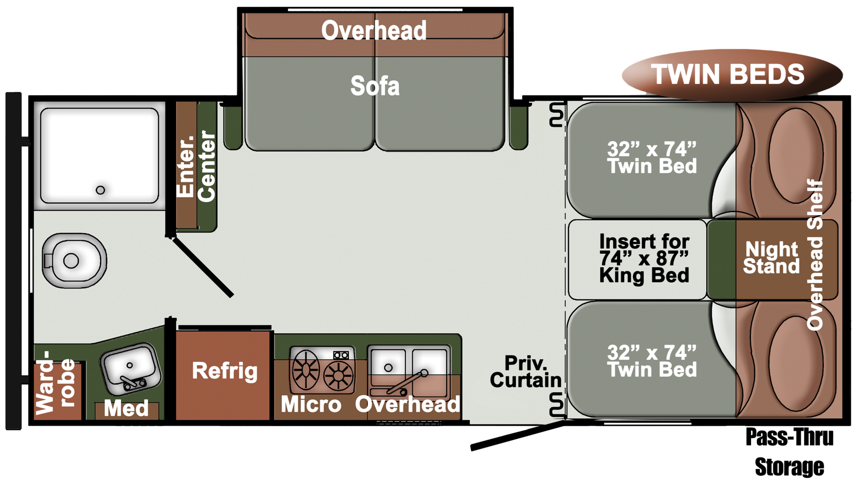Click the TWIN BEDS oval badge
[731, 75]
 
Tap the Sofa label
[375, 86]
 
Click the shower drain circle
[100, 190]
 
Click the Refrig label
[224, 371]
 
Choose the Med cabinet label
[126, 408]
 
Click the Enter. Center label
[196, 166]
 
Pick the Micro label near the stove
[311, 404]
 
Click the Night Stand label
[771, 258]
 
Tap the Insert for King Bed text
[644, 259]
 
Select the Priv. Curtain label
[525, 372]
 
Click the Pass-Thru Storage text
[789, 452]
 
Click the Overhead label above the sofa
[374, 31]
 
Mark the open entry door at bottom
[517, 435]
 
